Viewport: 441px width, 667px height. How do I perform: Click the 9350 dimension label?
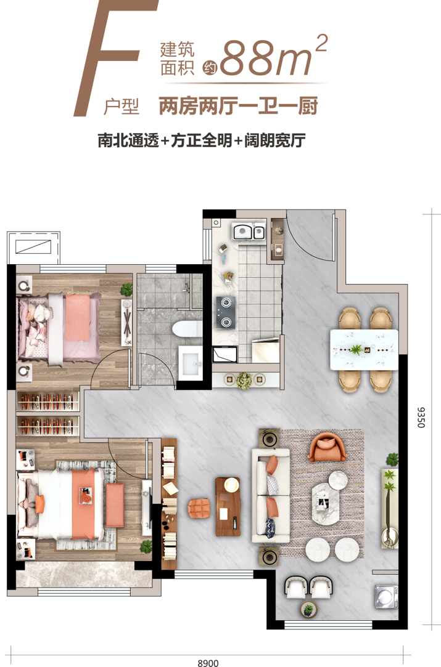point(421,418)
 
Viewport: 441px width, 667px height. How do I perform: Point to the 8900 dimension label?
point(208,662)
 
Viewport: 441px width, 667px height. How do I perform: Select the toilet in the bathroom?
point(188,330)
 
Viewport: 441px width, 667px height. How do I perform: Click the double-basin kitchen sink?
point(249,232)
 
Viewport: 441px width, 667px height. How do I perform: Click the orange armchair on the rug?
point(327,447)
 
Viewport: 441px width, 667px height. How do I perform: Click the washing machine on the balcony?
point(386,596)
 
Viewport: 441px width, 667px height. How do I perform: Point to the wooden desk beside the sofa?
point(228,506)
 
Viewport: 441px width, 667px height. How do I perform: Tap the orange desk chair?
point(199,507)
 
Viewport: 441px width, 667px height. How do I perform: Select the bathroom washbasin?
point(191,363)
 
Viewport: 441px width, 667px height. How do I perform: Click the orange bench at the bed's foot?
point(115,505)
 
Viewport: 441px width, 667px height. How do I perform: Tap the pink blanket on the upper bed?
point(78,317)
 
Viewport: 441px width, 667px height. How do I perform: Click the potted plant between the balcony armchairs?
point(308,610)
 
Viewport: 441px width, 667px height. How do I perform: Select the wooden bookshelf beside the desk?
point(169,504)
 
